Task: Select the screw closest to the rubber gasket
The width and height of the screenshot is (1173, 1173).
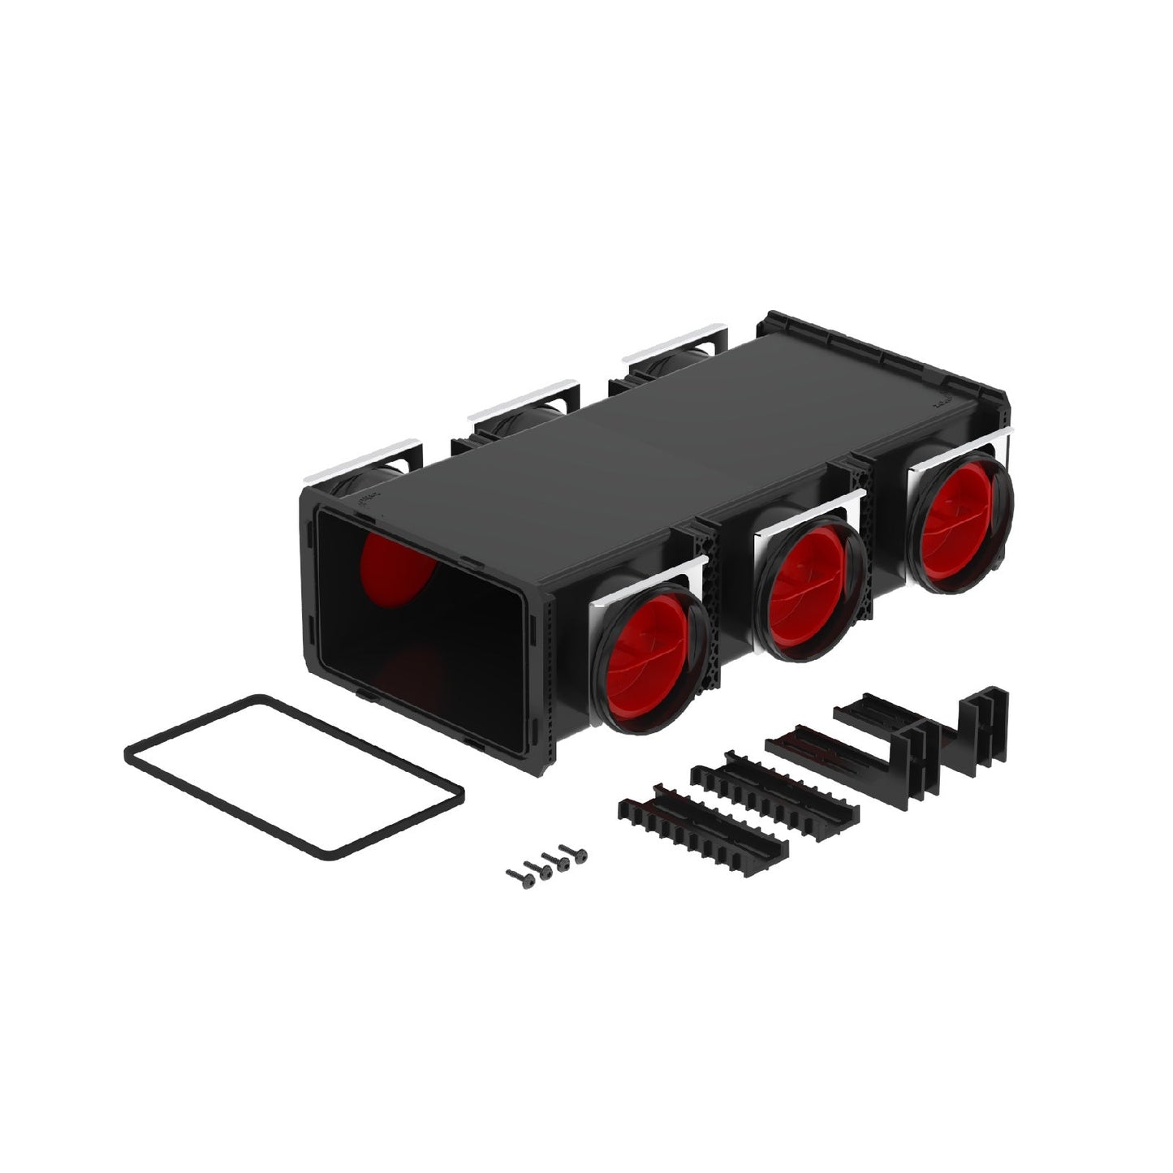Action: [517, 874]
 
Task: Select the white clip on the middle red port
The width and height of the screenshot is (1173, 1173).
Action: [804, 511]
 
